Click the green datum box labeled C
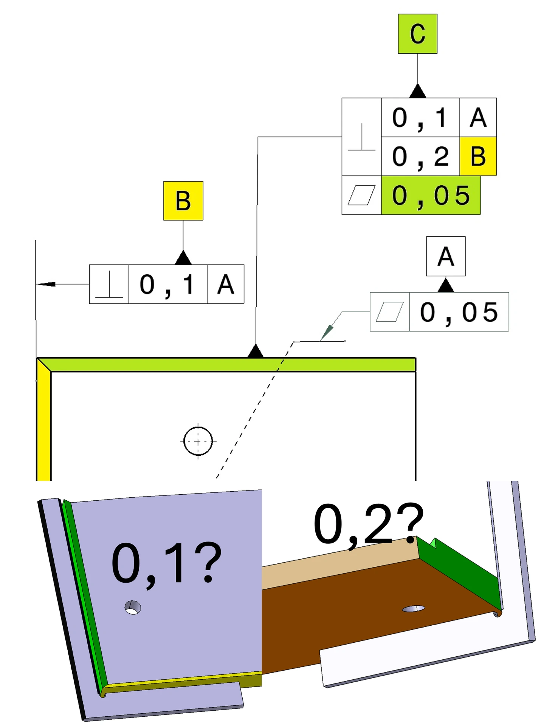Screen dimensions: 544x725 (x=417, y=34)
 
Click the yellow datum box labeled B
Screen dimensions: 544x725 (x=183, y=201)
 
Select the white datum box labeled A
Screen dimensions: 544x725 (x=446, y=256)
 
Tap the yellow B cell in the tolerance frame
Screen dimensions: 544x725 (x=478, y=156)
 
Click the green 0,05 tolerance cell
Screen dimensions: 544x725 (x=431, y=195)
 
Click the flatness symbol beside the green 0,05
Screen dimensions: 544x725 (x=361, y=195)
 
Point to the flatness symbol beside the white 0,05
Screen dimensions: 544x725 (x=390, y=312)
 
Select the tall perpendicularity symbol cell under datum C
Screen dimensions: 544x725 (x=361, y=137)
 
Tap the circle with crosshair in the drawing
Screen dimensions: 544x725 (x=198, y=441)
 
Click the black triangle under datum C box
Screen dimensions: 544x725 (x=417, y=91)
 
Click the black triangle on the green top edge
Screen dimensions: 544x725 (x=256, y=351)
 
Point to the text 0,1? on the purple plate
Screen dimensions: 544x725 (x=166, y=563)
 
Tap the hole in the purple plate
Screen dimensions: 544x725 (x=133, y=608)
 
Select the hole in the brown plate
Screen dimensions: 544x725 (x=413, y=608)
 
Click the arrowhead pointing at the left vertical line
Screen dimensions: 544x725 (x=46, y=284)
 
